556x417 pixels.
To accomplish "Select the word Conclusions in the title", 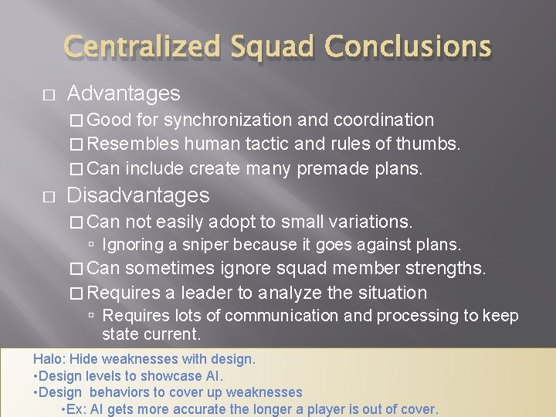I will tap(408, 47).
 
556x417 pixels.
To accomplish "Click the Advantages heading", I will tap(124, 94).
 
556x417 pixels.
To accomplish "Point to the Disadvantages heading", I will tap(138, 195).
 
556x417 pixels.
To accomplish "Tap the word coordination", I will tap(384, 120).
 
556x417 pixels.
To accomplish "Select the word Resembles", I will tap(134, 144).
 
